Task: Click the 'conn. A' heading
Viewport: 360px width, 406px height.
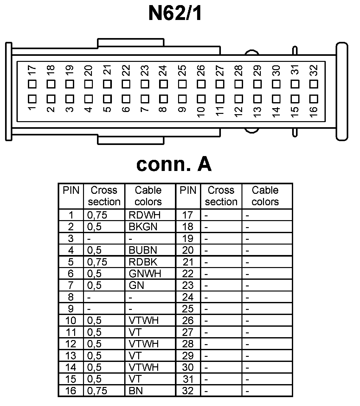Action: pyautogui.click(x=174, y=164)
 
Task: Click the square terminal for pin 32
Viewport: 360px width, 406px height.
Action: pyautogui.click(x=314, y=84)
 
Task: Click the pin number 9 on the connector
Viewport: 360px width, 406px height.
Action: pyautogui.click(x=182, y=110)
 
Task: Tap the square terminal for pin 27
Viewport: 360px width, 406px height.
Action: pyautogui.click(x=220, y=84)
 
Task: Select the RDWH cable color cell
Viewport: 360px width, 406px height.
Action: pyautogui.click(x=145, y=215)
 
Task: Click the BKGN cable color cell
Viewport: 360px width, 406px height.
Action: pyautogui.click(x=143, y=227)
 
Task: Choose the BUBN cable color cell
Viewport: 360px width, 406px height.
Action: pyautogui.click(x=143, y=250)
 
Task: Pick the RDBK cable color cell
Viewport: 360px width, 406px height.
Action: pyautogui.click(x=143, y=262)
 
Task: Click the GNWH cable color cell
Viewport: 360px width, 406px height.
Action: pyautogui.click(x=145, y=273)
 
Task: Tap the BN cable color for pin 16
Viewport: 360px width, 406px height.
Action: pyautogui.click(x=136, y=391)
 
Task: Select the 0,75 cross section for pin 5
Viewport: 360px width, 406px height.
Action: pyautogui.click(x=97, y=262)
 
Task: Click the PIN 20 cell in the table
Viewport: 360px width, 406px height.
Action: pyautogui.click(x=188, y=250)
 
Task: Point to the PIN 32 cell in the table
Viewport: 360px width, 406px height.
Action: pyautogui.click(x=188, y=391)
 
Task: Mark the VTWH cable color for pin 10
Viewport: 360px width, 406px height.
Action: pyautogui.click(x=144, y=320)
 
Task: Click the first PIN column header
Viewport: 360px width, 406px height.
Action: pyautogui.click(x=71, y=190)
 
